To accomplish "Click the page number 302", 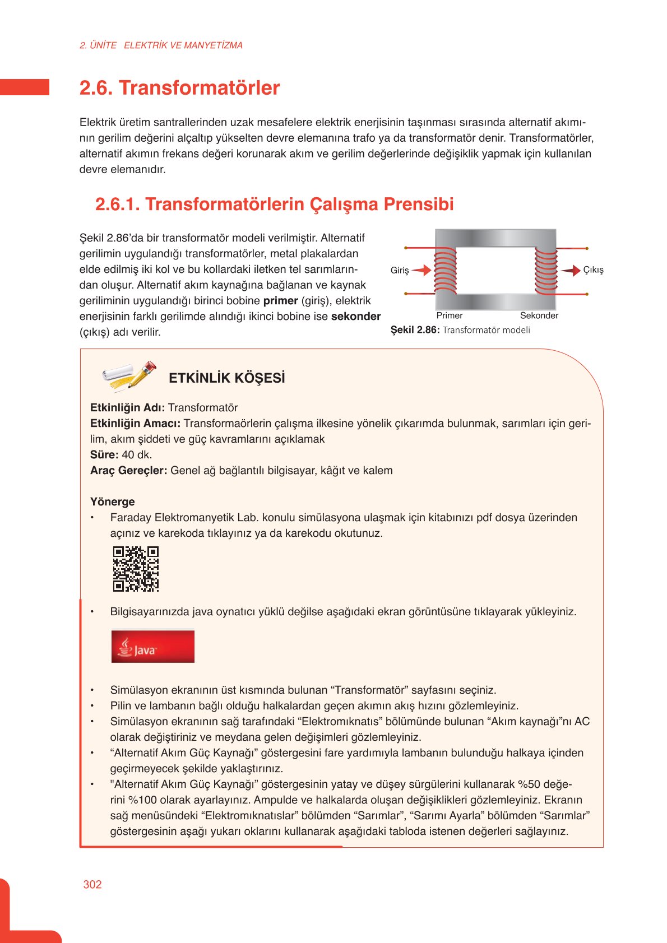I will pos(92,884).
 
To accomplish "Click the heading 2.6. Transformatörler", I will pos(179,88).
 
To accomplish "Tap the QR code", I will pos(136,569).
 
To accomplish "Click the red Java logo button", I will pos(152,647).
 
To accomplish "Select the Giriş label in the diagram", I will pos(400,270).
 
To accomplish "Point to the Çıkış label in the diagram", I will pos(593,270).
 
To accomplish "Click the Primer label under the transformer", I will pos(450,315).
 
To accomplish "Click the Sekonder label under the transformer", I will pos(539,315).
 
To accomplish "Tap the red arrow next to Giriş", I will pos(421,270).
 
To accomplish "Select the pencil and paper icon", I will pos(129,377).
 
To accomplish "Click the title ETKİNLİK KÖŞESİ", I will pos(226,378).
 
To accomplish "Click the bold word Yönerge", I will pos(112,501).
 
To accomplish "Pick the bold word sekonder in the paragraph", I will pos(356,316).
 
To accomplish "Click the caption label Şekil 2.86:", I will pos(415,330).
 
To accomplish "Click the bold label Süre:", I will pos(104,454).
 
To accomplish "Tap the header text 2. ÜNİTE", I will pos(98,45).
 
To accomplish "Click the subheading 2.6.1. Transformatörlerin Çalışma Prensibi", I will pos(274,205).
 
